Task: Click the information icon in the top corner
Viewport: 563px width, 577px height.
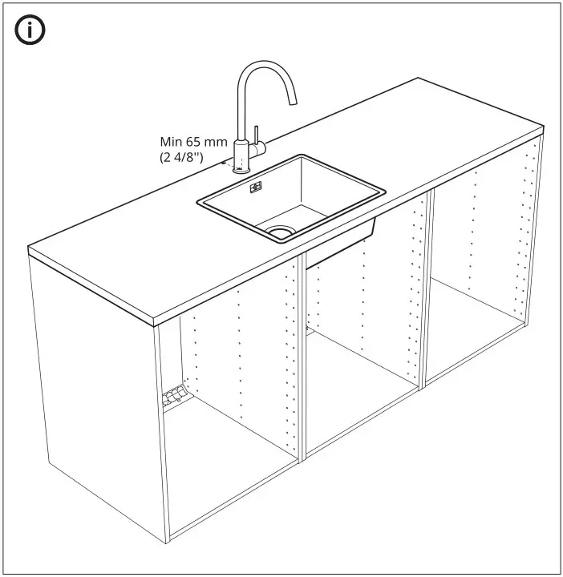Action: point(30,30)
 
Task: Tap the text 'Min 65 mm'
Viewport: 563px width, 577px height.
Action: point(193,143)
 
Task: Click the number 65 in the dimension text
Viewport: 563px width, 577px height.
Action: point(197,143)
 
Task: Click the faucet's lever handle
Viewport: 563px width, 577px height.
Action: point(257,134)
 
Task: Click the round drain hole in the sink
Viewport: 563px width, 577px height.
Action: point(280,231)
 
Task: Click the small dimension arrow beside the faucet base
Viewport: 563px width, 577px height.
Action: point(228,166)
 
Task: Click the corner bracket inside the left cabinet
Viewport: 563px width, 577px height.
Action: point(175,394)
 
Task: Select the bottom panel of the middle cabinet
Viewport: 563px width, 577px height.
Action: point(361,409)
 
